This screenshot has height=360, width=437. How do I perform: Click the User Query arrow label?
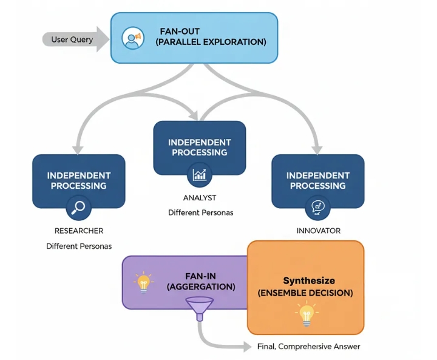coord(72,39)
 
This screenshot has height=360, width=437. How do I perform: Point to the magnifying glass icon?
coord(80,208)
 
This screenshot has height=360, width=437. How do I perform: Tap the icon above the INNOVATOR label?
coord(317,208)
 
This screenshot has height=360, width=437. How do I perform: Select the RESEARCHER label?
coord(79,231)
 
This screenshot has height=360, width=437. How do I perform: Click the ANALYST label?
coord(200,198)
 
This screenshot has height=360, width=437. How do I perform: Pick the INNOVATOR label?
coord(318,231)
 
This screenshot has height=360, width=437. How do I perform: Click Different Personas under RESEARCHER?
coord(79,246)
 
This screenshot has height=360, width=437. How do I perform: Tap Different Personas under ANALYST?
coord(200,213)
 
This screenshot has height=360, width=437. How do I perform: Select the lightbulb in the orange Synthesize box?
coord(305,314)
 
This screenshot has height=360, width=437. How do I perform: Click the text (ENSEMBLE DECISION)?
coord(305,293)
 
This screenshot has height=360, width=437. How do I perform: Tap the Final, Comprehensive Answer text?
coord(308,347)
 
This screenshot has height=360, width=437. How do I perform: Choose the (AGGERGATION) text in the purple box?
coord(201,287)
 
